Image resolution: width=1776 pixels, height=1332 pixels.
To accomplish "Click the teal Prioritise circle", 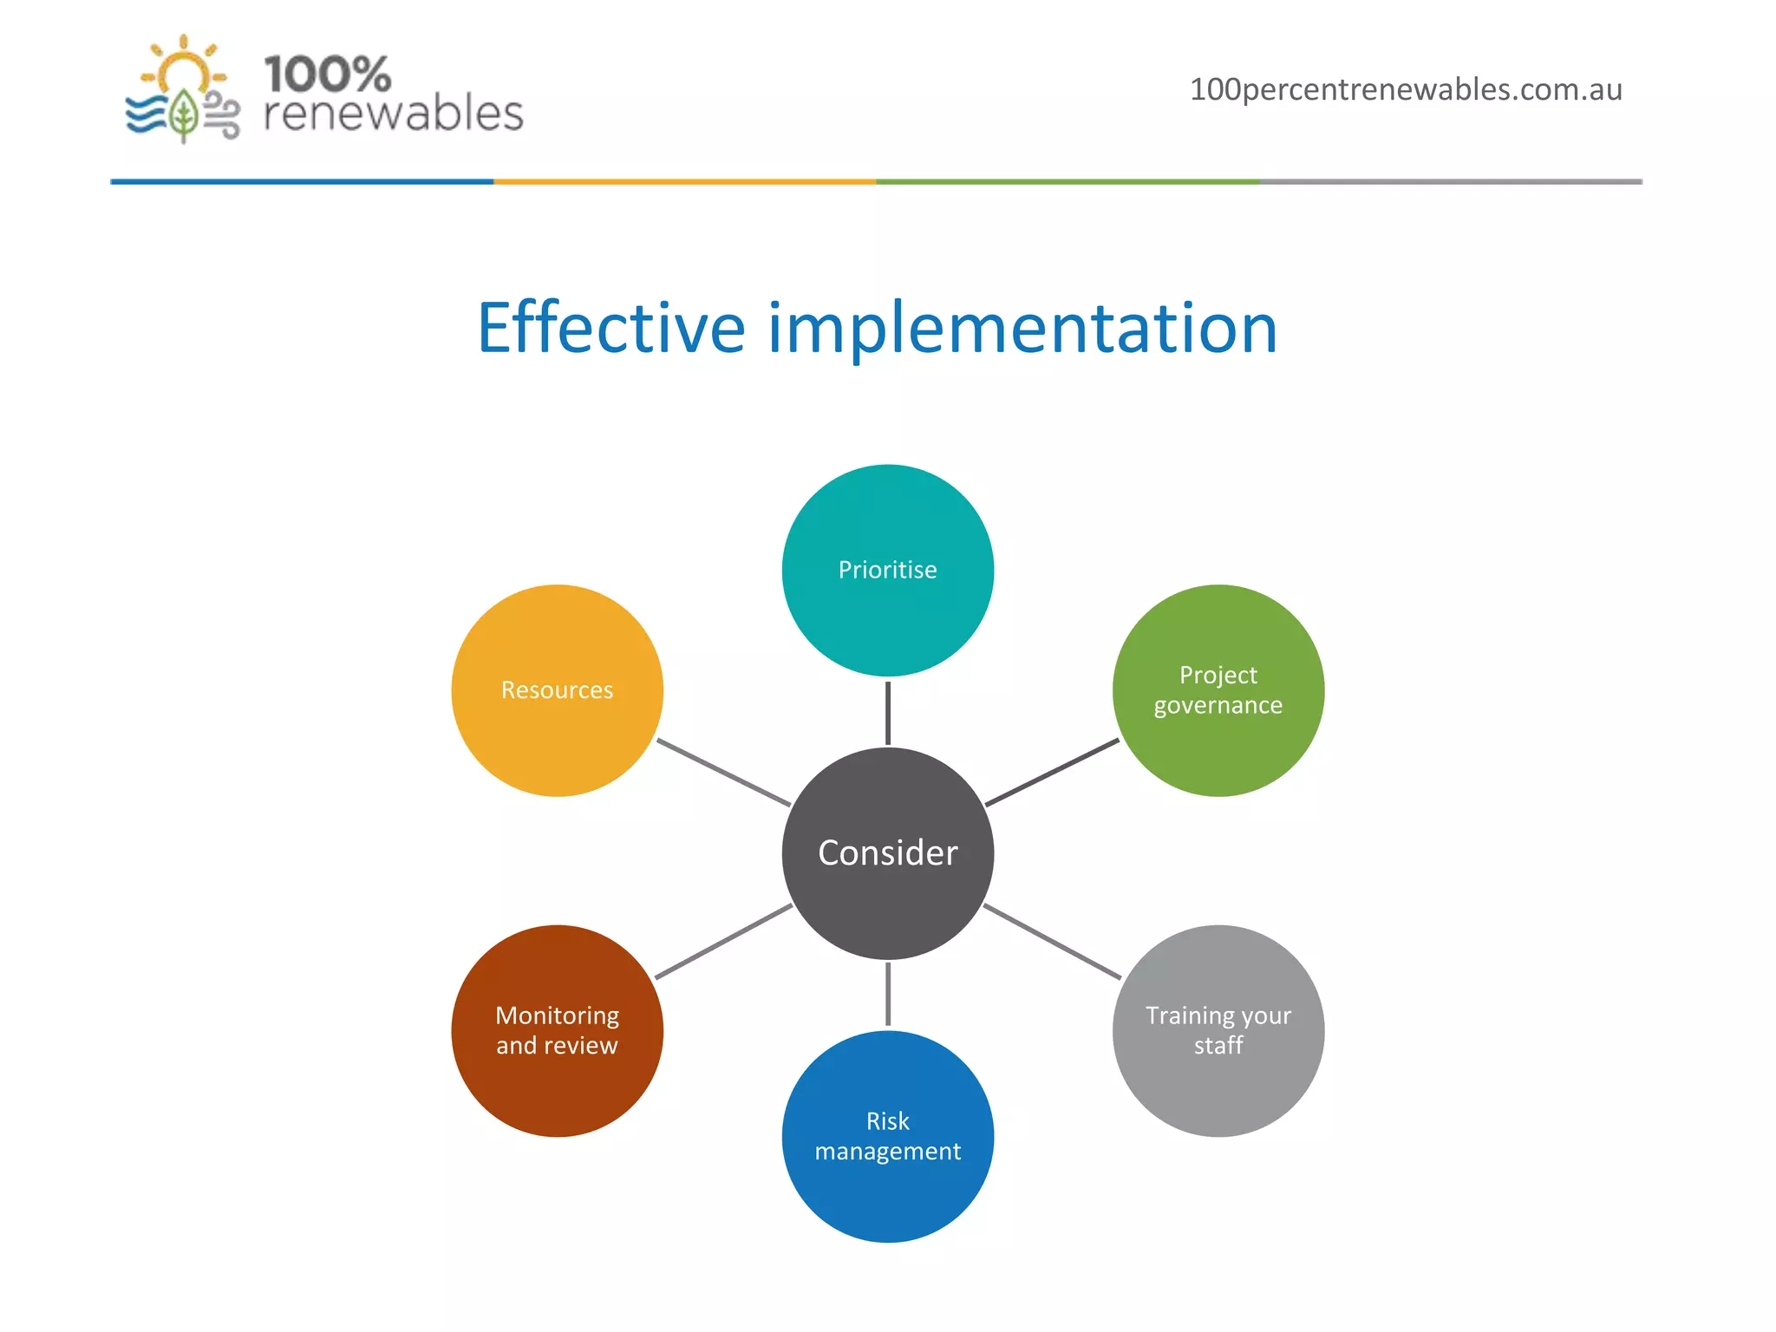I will [x=887, y=570].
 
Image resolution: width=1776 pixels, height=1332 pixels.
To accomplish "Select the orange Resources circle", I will [x=557, y=690].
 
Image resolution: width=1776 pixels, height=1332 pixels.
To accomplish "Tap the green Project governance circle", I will [x=1218, y=690].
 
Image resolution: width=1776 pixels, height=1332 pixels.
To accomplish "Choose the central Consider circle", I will [x=887, y=853].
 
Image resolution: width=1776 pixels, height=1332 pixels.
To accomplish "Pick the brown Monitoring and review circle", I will [x=557, y=1030].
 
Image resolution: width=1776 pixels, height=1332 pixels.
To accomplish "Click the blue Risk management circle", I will [x=887, y=1136].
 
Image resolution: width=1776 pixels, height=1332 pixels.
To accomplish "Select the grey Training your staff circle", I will [x=1218, y=1030].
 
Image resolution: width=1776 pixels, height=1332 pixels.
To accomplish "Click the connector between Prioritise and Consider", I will [x=887, y=713].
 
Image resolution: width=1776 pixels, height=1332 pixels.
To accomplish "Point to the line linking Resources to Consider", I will [x=723, y=772].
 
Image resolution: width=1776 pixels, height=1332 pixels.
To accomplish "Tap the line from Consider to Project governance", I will [x=1052, y=772].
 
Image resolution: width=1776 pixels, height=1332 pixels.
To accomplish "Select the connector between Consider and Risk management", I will [x=887, y=994].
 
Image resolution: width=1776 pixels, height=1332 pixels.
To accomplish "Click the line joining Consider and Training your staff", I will [x=1052, y=942].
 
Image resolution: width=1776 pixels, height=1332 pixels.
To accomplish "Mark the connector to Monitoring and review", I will [x=723, y=942].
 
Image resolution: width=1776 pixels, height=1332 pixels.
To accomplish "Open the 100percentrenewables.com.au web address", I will [x=1405, y=89].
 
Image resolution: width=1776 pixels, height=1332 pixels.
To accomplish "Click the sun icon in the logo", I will [x=184, y=69].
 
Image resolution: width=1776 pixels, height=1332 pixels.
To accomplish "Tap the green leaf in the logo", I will [x=183, y=114].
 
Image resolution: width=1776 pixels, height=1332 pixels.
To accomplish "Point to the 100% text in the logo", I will [x=327, y=75].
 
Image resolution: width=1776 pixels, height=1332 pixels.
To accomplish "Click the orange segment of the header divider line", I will [x=685, y=181].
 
